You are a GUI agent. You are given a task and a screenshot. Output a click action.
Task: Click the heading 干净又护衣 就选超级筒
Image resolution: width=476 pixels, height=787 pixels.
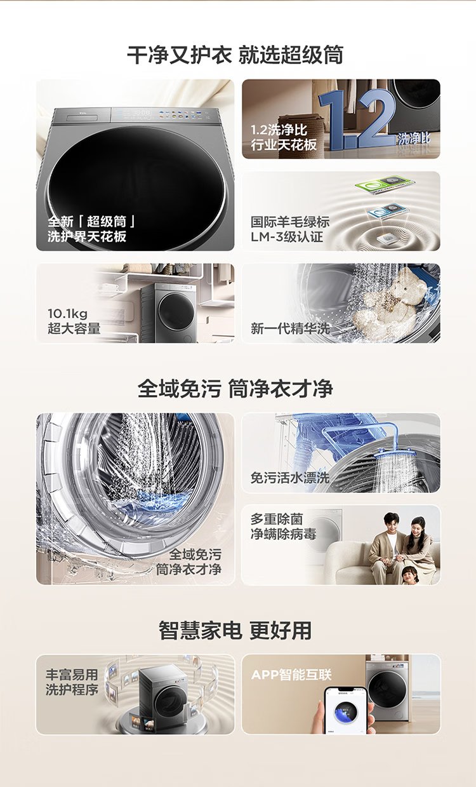tap(235, 55)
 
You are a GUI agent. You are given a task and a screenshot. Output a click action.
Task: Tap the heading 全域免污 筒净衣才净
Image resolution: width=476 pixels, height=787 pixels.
tap(235, 389)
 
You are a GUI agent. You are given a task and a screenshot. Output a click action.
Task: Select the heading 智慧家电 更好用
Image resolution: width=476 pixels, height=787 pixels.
tap(235, 631)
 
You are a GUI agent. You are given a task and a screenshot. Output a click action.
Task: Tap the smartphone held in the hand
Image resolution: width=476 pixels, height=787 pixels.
tap(345, 711)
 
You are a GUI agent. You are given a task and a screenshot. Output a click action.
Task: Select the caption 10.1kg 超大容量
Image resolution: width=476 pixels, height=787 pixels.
tap(74, 321)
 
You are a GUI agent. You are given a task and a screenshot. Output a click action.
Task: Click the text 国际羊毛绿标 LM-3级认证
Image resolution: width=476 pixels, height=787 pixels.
tap(290, 229)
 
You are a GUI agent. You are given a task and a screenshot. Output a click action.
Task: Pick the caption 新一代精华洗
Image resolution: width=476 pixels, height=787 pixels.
tap(290, 328)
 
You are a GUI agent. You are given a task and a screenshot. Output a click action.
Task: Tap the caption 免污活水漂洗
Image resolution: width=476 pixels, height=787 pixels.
tap(290, 478)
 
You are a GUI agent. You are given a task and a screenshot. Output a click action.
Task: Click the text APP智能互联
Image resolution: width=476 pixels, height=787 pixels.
tap(291, 675)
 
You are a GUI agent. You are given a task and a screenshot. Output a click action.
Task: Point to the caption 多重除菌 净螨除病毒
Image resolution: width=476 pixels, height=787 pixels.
tap(283, 527)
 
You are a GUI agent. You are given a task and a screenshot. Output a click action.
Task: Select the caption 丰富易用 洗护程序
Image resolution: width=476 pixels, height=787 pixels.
tap(72, 682)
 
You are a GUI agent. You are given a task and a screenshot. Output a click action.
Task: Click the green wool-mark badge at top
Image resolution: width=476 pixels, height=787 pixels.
tap(385, 184)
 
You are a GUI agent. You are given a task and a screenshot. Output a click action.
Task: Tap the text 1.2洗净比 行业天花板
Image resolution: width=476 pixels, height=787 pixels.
tap(283, 137)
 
